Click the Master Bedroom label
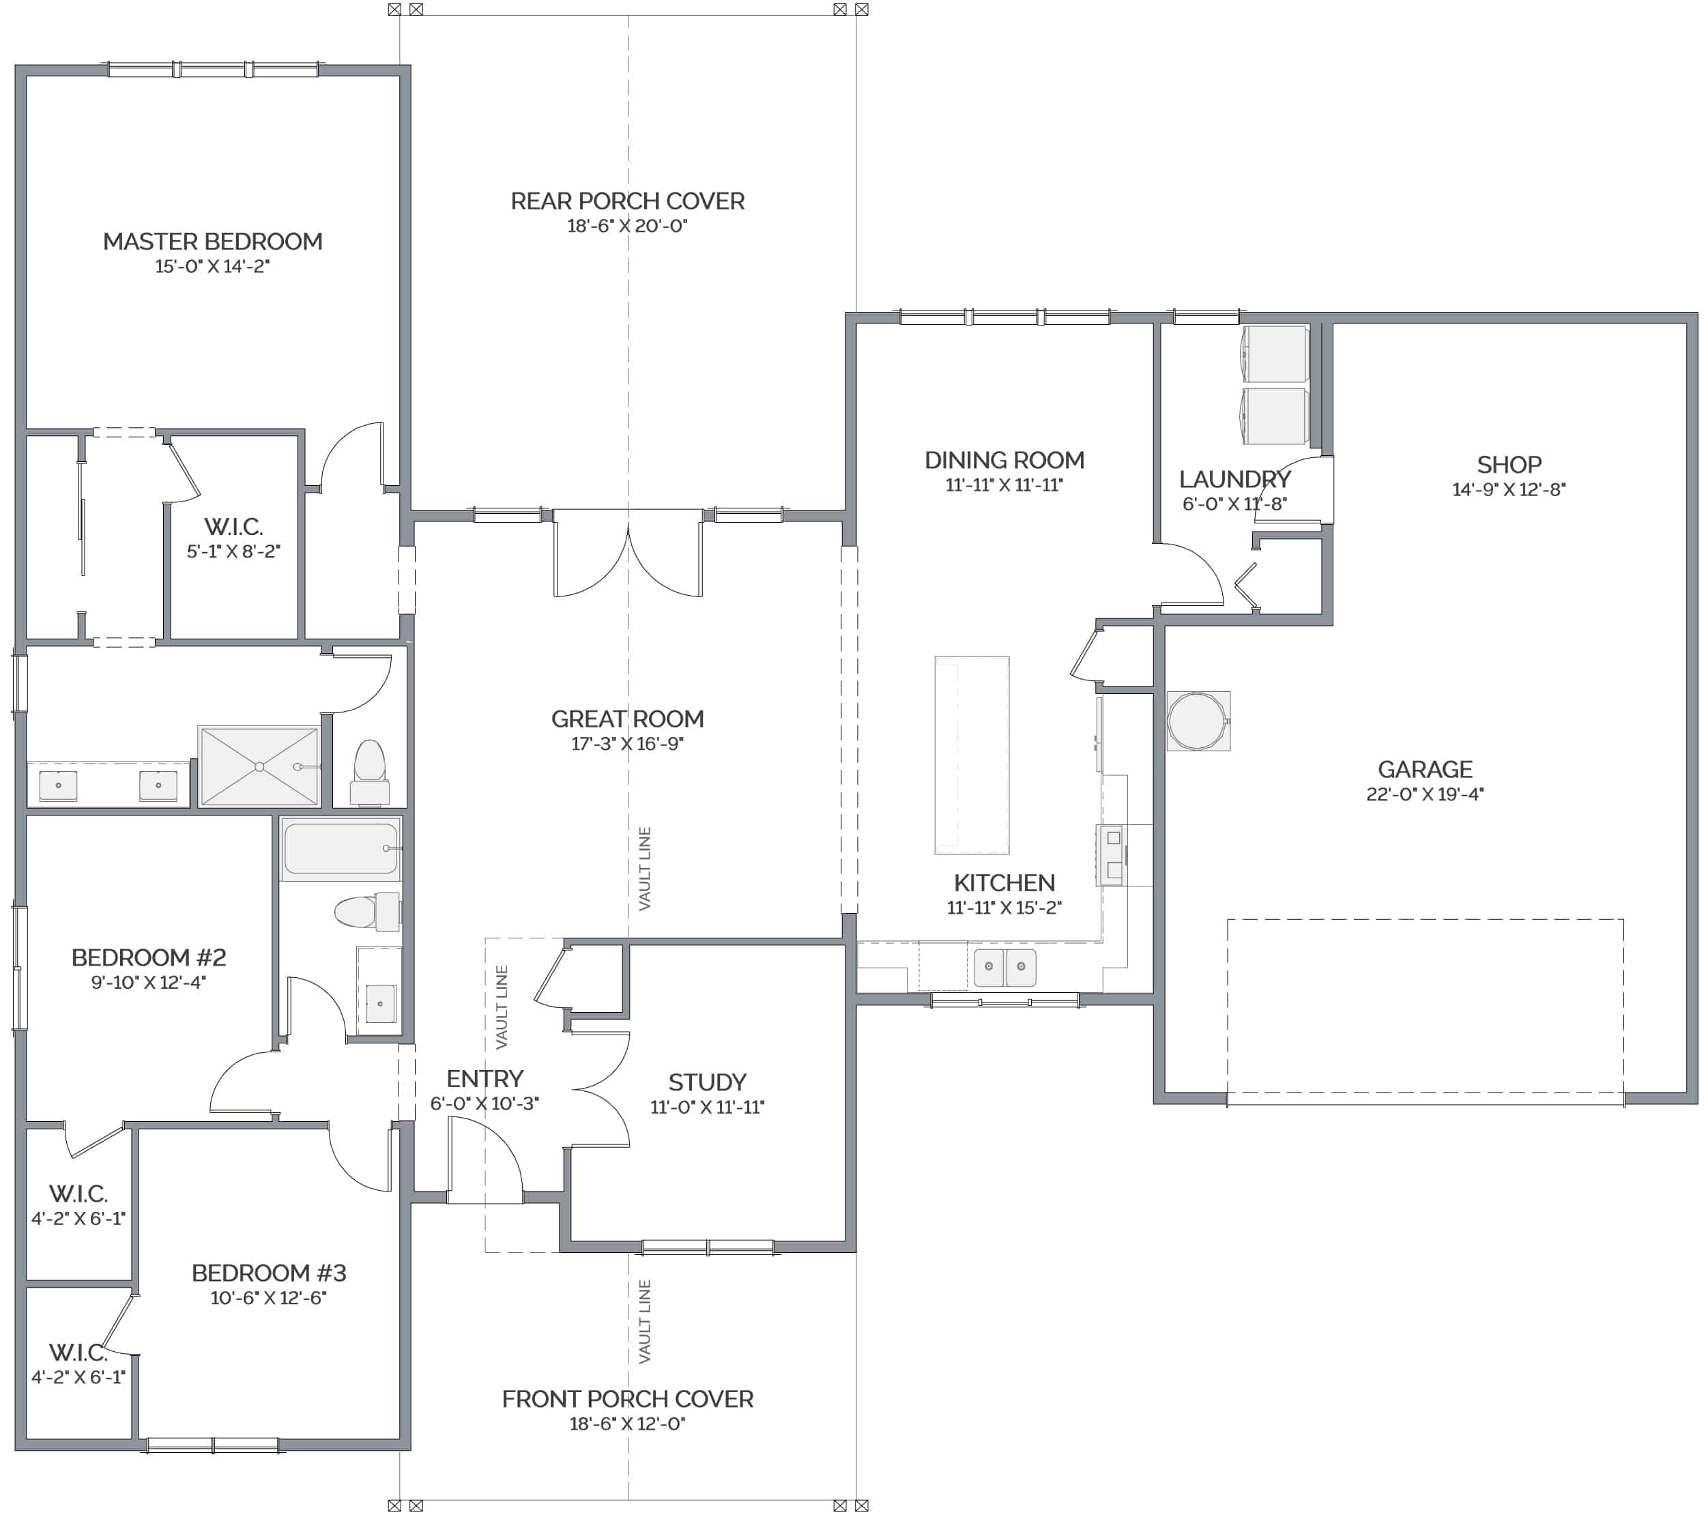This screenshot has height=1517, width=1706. click(213, 242)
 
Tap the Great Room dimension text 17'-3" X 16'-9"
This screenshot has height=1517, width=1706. click(628, 743)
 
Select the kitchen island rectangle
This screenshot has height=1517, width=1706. click(972, 755)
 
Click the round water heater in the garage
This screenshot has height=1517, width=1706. click(1198, 721)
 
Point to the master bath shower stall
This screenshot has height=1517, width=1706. click(259, 767)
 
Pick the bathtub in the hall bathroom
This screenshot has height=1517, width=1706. click(341, 848)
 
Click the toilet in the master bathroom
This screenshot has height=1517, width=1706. click(370, 772)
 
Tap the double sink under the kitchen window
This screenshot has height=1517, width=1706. click(1005, 967)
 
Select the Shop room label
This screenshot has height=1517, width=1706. click(1509, 465)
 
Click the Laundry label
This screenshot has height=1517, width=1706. click(1234, 480)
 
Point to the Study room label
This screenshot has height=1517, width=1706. click(707, 1082)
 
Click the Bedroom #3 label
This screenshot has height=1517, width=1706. click(269, 1273)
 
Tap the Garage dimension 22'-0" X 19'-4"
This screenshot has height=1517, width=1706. click(1425, 794)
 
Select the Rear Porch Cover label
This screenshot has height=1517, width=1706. click(628, 201)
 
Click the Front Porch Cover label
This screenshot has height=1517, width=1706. click(628, 1400)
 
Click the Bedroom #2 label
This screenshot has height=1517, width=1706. click(149, 958)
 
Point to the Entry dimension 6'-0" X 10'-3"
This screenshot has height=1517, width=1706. click(485, 1103)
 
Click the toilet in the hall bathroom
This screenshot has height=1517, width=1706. click(367, 911)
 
